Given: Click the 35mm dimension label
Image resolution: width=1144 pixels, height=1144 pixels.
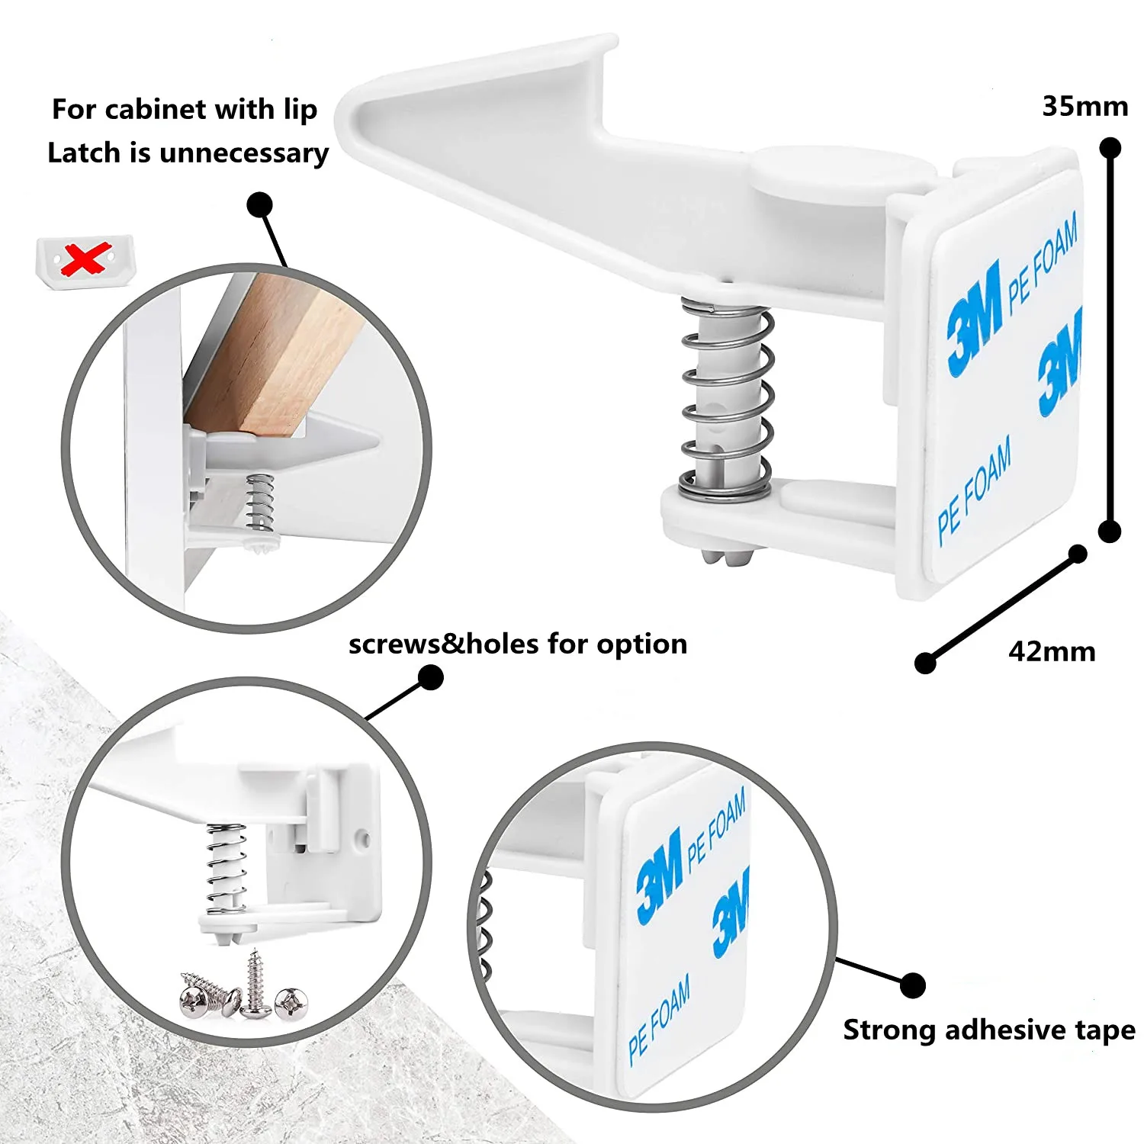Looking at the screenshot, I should click(x=1085, y=107).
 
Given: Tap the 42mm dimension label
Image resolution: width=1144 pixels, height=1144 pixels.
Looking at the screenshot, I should click(x=1051, y=652).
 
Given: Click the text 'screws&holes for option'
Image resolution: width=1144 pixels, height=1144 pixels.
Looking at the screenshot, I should click(x=517, y=644).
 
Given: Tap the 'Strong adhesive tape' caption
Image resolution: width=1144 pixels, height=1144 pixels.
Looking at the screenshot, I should click(x=988, y=1030).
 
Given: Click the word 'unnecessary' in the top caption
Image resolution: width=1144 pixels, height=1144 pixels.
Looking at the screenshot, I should click(x=244, y=153).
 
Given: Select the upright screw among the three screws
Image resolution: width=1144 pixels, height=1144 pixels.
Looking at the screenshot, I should click(x=254, y=984).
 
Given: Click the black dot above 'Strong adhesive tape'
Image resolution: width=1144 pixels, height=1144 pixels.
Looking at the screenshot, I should click(x=912, y=985).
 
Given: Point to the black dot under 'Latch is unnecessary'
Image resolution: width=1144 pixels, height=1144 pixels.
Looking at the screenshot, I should click(x=260, y=204).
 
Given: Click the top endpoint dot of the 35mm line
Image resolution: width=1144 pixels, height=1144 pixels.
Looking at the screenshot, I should click(x=1110, y=147).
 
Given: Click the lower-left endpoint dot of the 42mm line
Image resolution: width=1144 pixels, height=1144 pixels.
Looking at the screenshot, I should click(x=925, y=663).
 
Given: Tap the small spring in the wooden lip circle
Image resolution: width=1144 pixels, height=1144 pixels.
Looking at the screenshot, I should click(x=261, y=502).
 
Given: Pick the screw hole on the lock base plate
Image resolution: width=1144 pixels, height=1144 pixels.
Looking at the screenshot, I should click(x=365, y=839).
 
